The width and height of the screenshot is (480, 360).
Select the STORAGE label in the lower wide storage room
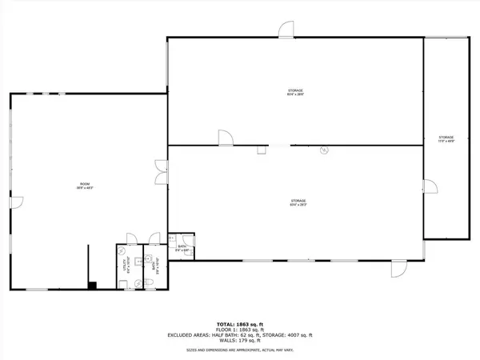[x=299, y=202]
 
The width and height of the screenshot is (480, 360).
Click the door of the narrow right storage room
[x=430, y=188]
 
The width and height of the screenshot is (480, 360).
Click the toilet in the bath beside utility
[x=150, y=282]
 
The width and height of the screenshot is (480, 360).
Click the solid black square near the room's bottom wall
[x=94, y=284]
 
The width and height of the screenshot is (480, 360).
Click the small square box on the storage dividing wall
[x=260, y=150]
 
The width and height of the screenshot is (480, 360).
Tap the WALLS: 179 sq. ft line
[x=239, y=342]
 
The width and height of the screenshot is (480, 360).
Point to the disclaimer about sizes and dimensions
[x=239, y=349]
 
